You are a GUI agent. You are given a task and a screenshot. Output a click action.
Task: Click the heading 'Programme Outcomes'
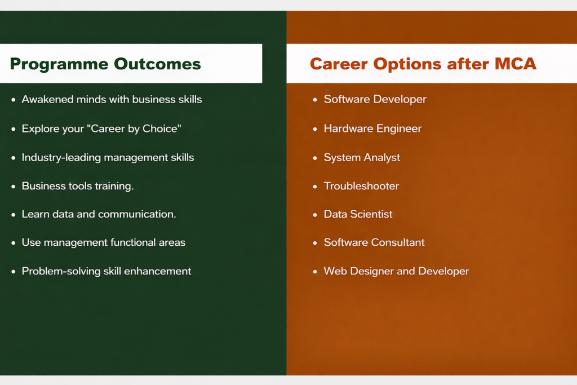point(105,64)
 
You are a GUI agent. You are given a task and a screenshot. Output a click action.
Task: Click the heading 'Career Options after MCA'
point(423,64)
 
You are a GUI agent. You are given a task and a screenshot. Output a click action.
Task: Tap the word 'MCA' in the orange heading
point(516,63)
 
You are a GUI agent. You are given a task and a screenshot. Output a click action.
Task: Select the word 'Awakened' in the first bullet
point(47,99)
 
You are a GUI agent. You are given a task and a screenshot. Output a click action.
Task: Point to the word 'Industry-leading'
point(61,157)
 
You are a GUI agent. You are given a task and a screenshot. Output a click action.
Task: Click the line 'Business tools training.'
point(78,186)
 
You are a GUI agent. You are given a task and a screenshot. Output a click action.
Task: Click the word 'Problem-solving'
point(61,271)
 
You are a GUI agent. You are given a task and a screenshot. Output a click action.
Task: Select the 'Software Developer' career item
point(375,99)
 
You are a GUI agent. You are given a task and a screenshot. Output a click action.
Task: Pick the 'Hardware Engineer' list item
point(373,129)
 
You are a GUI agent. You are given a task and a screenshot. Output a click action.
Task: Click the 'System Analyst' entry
point(362,157)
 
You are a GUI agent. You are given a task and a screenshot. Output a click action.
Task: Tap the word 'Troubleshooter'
point(361,186)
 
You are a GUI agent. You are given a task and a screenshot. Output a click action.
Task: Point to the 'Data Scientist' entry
point(358,214)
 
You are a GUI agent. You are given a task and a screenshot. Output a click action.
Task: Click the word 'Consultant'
point(398,242)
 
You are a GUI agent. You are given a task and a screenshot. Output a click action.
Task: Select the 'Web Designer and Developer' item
point(396,271)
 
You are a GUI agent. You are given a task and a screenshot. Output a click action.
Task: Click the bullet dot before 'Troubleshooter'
point(315,187)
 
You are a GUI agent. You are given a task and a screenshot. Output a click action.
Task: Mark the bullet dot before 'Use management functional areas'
point(14,243)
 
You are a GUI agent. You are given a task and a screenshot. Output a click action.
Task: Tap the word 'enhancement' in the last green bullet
point(158,271)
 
